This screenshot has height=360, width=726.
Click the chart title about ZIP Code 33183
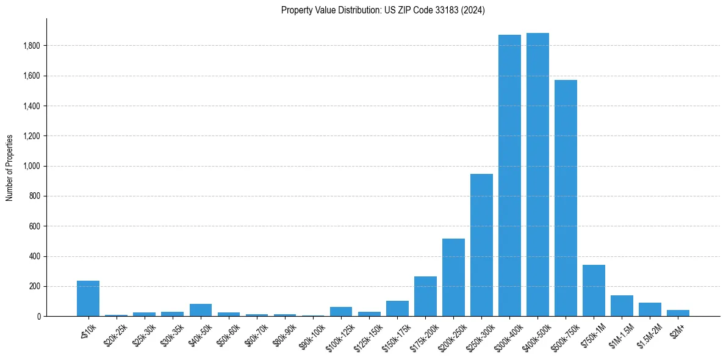point(383,10)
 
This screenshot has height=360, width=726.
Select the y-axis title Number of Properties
point(10,167)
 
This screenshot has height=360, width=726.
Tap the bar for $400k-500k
point(537,175)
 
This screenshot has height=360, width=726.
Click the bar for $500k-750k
point(566,198)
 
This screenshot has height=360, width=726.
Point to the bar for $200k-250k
point(453,278)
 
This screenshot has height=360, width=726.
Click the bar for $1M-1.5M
point(622,306)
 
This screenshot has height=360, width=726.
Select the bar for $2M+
point(678,313)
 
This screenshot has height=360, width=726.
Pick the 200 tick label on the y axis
point(35,286)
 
